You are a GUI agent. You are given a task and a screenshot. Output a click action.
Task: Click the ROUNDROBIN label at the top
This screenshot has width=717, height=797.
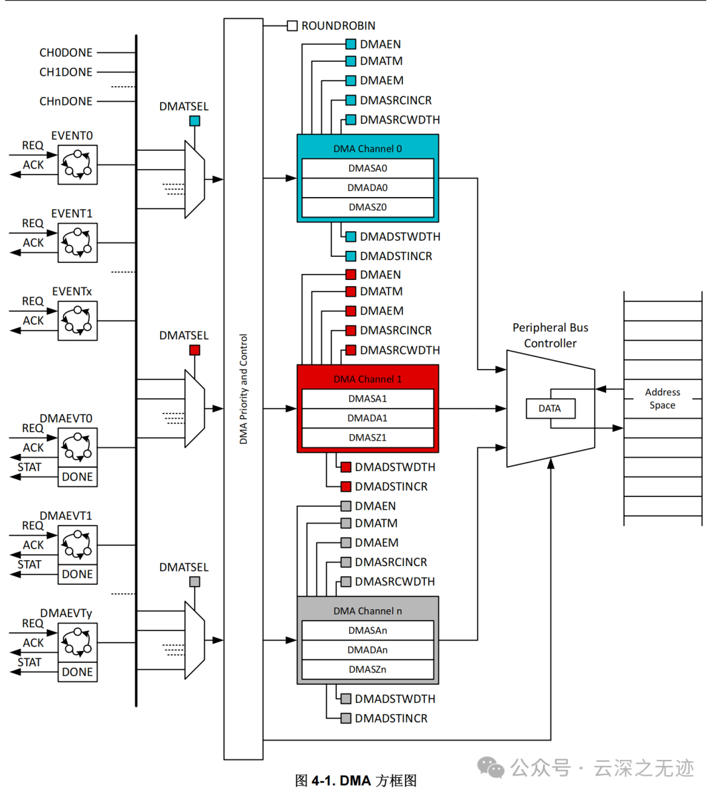pos(338,26)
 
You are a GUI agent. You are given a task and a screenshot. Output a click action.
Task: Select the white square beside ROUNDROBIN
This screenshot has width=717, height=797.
pos(292,26)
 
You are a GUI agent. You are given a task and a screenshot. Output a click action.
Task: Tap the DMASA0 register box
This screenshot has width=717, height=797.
pos(367,169)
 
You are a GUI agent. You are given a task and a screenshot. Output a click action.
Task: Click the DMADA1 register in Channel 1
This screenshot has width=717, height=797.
pos(367,418)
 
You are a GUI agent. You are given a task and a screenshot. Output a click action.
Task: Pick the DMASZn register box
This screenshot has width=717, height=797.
pos(367,670)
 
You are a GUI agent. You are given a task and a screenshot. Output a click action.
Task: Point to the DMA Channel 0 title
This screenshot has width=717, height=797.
pos(367,149)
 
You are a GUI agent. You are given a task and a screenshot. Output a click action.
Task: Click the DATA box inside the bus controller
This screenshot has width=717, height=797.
pos(550,409)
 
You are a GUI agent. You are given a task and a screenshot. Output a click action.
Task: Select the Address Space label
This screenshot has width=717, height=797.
pos(662,399)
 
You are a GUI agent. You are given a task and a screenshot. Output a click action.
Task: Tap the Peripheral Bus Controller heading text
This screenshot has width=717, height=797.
pos(550,335)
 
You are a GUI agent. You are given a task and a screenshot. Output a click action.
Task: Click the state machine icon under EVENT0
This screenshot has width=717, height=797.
pos(78,165)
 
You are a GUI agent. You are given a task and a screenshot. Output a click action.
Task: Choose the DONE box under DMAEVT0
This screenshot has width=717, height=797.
pos(78,477)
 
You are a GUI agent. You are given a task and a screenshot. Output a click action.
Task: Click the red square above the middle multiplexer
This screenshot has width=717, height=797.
pos(195,350)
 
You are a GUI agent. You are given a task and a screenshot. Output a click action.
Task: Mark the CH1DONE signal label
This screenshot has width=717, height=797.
pos(66,72)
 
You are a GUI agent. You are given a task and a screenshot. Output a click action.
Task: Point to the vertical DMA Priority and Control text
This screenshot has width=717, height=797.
pos(244,389)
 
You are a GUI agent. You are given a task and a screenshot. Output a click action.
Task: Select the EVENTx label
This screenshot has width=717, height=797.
pos(72,292)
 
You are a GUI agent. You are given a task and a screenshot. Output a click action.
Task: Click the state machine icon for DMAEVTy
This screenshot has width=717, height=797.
pos(78,642)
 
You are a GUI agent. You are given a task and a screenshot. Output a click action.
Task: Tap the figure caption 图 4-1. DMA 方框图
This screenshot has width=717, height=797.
pos(356,781)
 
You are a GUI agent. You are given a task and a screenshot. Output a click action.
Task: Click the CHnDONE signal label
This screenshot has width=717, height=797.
pos(66,102)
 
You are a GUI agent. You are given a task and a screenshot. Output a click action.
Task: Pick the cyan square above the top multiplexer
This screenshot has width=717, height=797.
pos(195,121)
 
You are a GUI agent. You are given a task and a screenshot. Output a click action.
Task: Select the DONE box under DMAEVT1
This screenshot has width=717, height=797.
pos(78,575)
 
